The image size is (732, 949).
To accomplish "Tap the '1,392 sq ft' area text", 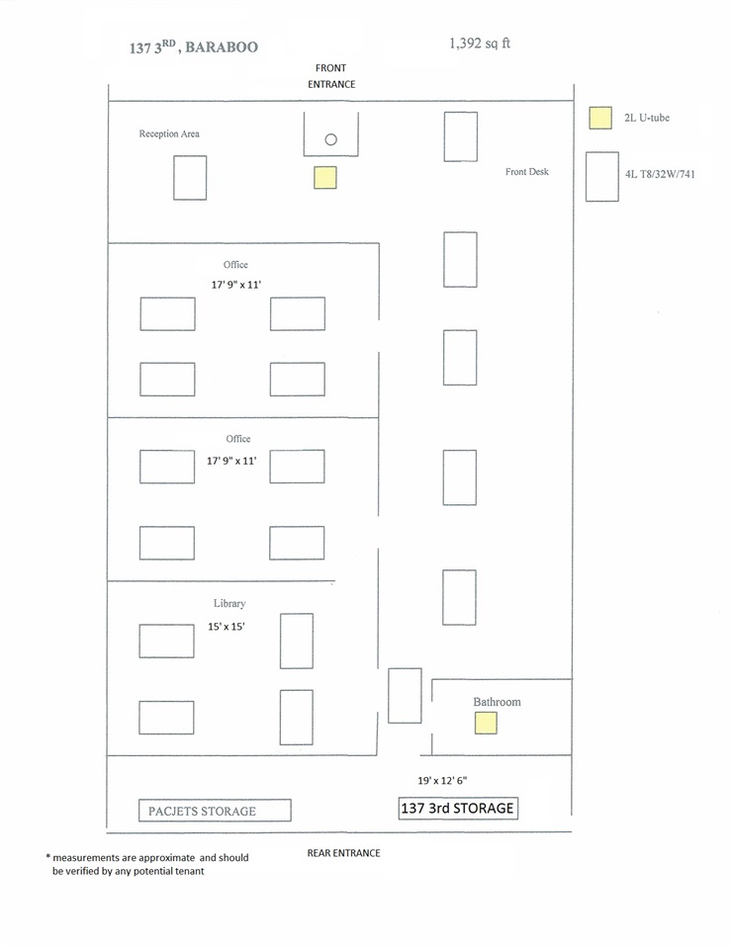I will [x=480, y=43].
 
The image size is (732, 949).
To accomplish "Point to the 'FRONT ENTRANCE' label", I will [x=330, y=76].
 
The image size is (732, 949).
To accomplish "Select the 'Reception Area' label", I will [x=169, y=133].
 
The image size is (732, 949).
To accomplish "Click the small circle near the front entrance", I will [x=331, y=139].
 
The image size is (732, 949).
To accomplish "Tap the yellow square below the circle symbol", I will [x=324, y=178].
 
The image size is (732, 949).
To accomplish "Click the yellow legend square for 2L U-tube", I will [x=599, y=119].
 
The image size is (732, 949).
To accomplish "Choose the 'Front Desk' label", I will [x=526, y=172].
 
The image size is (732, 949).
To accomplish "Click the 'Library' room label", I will [x=229, y=603].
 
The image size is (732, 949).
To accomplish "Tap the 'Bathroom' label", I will [x=497, y=702].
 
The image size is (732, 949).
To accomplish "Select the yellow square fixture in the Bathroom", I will [x=485, y=723].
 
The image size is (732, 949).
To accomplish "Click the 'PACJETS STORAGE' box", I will [x=214, y=811].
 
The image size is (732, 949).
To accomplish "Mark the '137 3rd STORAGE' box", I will [x=458, y=808].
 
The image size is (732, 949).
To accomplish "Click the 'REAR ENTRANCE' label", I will [x=343, y=852].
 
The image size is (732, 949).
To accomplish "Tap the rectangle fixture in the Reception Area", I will [x=190, y=178].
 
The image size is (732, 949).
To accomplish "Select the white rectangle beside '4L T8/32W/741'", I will [x=601, y=177].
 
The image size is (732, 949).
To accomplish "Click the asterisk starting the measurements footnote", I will [x=47, y=857].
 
